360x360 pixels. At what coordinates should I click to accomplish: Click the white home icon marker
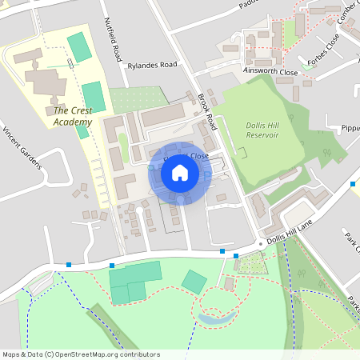pos(180,173)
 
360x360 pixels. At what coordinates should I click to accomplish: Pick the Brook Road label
pos(207,111)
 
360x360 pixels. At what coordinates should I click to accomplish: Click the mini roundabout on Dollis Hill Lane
pos(261,243)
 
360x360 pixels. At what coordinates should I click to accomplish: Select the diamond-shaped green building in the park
pos(194,281)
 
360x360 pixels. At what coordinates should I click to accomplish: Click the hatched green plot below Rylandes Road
pos(128,99)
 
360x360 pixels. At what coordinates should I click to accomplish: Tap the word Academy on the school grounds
pos(73,122)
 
